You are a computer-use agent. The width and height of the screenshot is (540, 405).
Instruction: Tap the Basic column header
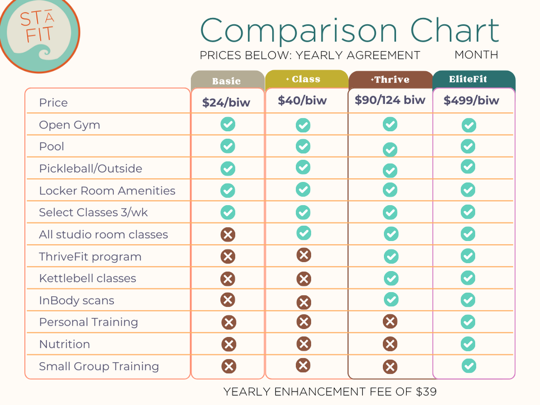pyautogui.click(x=226, y=81)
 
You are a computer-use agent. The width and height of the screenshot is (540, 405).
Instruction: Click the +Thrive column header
pyautogui.click(x=390, y=79)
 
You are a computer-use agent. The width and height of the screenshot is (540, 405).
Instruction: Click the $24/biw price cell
pyautogui.click(x=226, y=102)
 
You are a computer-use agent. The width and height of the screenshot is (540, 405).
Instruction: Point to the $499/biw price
pyautogui.click(x=471, y=100)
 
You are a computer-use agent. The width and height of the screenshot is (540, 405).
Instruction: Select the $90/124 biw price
pyautogui.click(x=390, y=100)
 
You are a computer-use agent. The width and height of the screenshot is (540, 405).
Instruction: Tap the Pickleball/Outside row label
pyautogui.click(x=90, y=168)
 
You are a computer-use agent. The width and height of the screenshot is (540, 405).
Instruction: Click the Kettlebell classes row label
pyautogui.click(x=87, y=279)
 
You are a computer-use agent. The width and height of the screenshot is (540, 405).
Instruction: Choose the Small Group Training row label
pyautogui.click(x=98, y=366)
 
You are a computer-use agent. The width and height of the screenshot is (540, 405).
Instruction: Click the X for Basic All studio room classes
pyautogui.click(x=228, y=235)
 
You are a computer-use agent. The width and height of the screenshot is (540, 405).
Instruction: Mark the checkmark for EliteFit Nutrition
pyautogui.click(x=468, y=344)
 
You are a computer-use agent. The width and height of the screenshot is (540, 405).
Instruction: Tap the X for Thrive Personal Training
pyautogui.click(x=390, y=322)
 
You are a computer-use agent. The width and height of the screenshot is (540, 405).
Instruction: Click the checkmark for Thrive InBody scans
pyautogui.click(x=390, y=299)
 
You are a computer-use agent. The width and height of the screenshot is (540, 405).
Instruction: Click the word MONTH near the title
pyautogui.click(x=476, y=55)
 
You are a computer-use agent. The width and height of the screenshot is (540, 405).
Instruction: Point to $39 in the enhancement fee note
pyautogui.click(x=426, y=391)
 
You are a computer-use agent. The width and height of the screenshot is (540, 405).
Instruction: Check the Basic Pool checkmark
pyautogui.click(x=228, y=146)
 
